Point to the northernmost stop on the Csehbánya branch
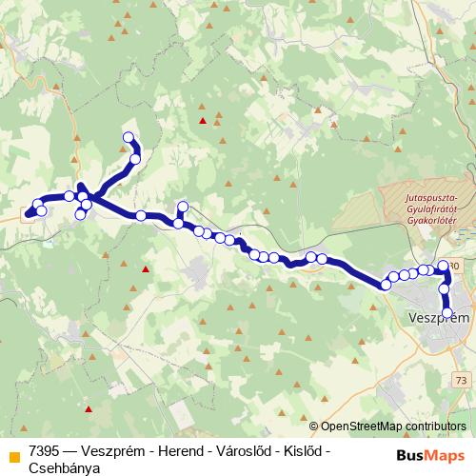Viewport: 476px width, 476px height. pos(129,137)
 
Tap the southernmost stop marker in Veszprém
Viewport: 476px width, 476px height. pos(447,311)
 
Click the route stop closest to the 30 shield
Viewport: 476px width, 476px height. pos(443,266)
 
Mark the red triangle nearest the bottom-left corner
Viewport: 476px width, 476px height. pos(88,409)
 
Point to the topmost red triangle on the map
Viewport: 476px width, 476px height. pos(202,120)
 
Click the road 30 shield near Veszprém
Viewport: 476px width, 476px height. pos(454,266)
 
